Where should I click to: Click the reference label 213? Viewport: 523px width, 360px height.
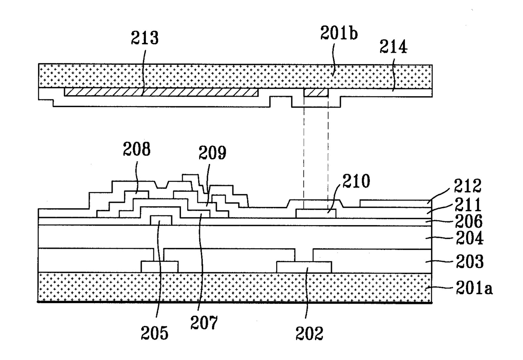[144, 39]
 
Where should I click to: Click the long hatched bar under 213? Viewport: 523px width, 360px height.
[161, 92]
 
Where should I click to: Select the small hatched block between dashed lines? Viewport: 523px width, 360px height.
[316, 92]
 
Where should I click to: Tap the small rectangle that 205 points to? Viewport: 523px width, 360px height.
[161, 220]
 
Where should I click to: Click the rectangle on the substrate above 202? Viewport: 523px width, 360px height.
[304, 267]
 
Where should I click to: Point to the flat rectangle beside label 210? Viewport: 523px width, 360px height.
[316, 213]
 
